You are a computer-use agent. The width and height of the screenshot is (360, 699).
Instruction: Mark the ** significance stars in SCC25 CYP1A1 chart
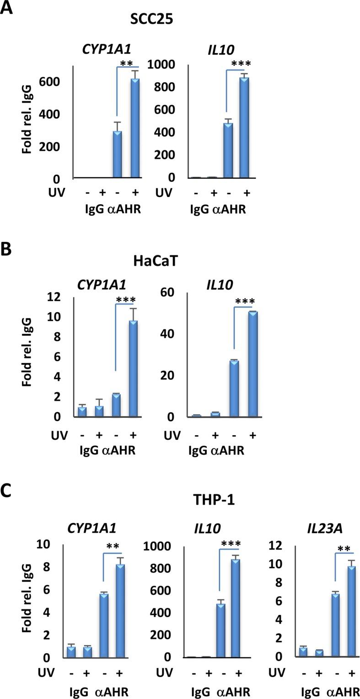(x=126, y=63)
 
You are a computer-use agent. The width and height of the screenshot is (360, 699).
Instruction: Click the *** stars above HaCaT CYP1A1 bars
(x=126, y=300)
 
